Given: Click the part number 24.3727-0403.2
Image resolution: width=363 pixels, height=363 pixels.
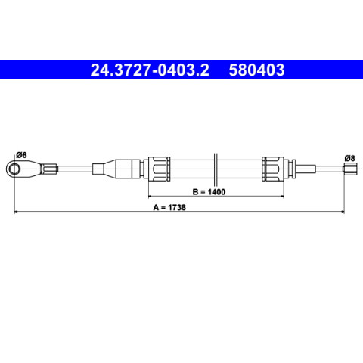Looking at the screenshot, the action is (150, 70).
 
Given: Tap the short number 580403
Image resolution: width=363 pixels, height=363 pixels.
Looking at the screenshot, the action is (256, 70).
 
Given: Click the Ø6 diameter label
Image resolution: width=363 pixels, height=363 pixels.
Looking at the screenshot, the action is (21, 155).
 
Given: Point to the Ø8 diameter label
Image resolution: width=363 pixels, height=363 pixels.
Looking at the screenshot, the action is (349, 158).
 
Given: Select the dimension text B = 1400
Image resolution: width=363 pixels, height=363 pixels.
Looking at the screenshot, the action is (209, 192).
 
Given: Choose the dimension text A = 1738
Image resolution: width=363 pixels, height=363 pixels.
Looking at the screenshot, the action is (169, 207).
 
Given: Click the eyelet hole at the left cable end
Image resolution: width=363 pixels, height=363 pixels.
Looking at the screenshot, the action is (14, 169).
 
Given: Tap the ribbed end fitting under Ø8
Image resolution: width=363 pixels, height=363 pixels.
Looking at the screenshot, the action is (351, 169).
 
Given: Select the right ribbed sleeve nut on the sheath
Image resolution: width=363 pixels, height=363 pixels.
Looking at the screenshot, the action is (273, 169).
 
